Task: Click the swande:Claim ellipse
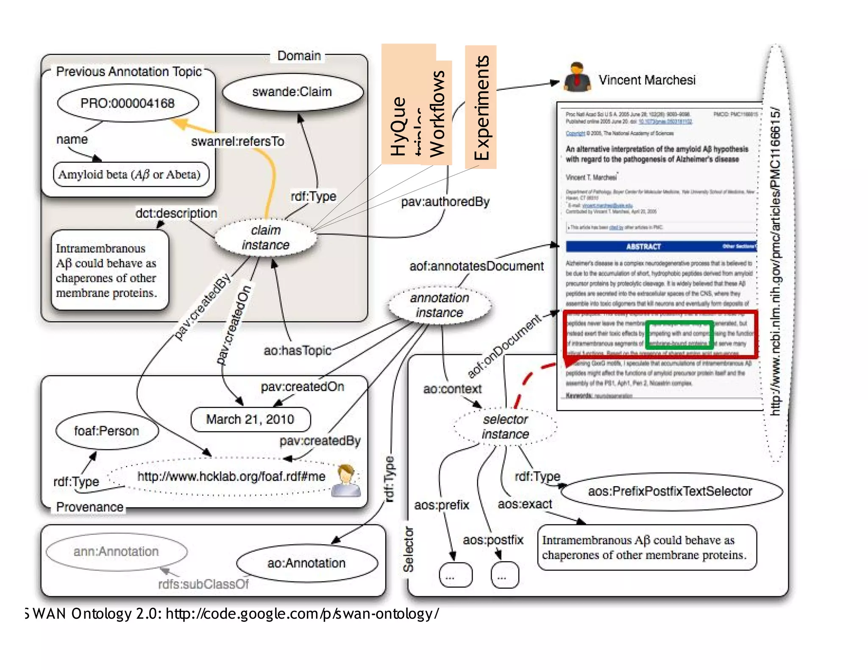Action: click(292, 92)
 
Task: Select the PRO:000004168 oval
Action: click(128, 103)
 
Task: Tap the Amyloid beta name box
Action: click(131, 174)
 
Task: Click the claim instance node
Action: click(266, 238)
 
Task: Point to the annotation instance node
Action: click(440, 305)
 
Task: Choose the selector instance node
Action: click(505, 427)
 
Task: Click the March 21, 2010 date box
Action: click(250, 419)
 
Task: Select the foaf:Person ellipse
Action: click(107, 431)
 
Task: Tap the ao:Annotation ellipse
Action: click(306, 563)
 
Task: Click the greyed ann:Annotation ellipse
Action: click(116, 551)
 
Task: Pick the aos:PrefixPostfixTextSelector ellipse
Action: click(670, 491)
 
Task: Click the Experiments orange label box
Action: click(481, 107)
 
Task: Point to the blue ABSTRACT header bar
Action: click(661, 246)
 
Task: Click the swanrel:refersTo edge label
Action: click(238, 141)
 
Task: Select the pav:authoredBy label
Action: click(445, 202)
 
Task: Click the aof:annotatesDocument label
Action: click(476, 266)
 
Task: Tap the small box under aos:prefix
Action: click(456, 575)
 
